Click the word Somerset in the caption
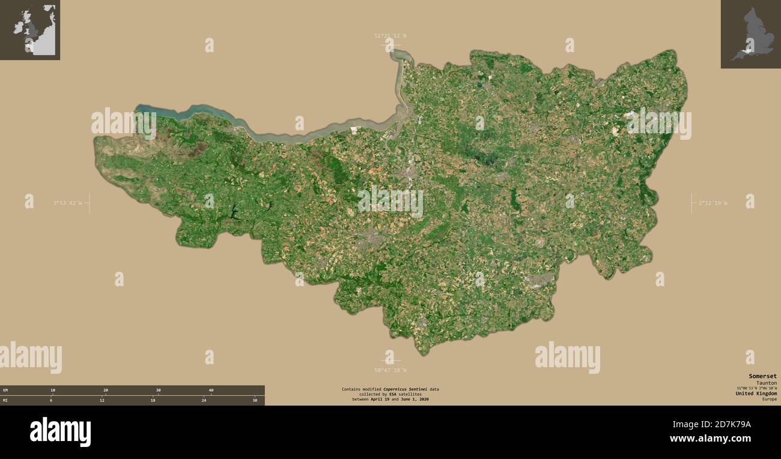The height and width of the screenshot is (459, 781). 762,376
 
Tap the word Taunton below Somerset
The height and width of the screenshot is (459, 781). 767,383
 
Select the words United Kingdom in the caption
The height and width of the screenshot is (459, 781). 756,394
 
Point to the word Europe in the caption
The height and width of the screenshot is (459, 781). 770,399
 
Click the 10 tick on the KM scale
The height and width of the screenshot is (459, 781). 53,390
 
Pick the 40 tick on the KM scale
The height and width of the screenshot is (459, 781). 211,390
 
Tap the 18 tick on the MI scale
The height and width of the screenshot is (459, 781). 153,400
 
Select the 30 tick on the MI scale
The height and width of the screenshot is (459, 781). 255,400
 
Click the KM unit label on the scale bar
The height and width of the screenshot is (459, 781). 5,390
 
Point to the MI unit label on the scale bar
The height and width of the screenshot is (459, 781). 5,400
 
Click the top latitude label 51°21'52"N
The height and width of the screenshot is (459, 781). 390,36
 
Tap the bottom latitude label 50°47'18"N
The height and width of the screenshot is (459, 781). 390,370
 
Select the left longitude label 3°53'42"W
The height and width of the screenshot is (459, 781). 67,203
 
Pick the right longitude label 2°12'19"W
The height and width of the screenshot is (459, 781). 713,203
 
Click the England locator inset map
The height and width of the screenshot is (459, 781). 750,34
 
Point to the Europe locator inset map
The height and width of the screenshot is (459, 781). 30,29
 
